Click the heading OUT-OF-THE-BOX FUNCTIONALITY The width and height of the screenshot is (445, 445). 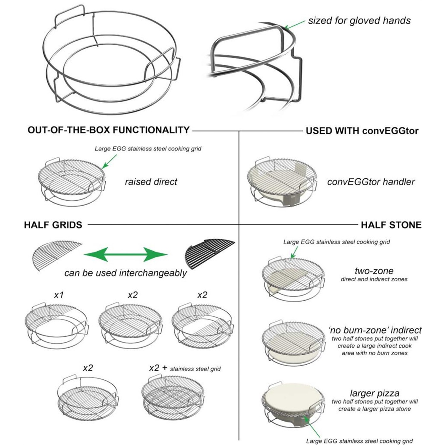(x=108, y=130)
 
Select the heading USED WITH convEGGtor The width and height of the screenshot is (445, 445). (x=362, y=131)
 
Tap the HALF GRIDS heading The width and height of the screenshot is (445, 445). (x=53, y=225)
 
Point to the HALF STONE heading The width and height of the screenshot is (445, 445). (x=391, y=225)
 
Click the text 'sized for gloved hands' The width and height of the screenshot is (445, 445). (x=359, y=20)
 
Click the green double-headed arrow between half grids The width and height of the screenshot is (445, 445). (x=125, y=255)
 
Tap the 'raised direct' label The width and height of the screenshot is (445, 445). (x=151, y=182)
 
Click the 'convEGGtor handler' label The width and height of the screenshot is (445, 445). (x=371, y=182)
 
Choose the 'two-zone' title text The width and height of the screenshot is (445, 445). (x=374, y=271)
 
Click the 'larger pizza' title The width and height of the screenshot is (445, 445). (x=374, y=393)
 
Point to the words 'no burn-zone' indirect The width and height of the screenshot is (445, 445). (x=375, y=330)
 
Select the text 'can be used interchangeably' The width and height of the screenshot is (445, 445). (x=125, y=273)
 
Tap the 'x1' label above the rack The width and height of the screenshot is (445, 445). (x=59, y=295)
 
